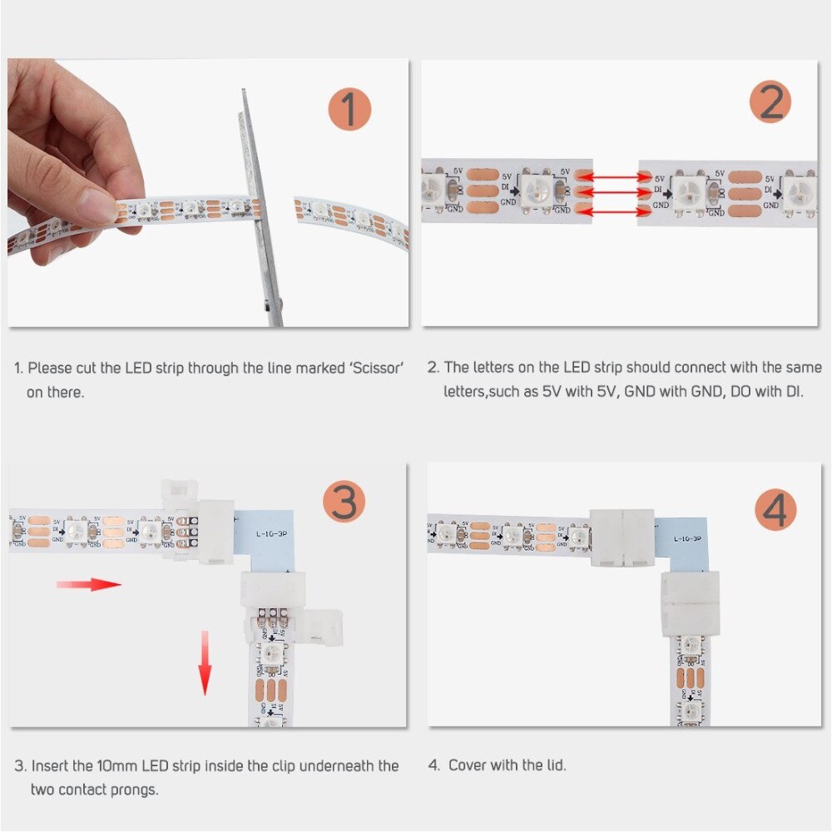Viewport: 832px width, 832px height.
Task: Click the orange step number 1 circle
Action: tap(349, 108)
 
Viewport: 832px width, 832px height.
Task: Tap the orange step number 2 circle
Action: tap(770, 103)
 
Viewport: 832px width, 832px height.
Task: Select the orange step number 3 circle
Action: tap(344, 503)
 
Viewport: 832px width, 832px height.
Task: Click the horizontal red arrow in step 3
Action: tap(89, 584)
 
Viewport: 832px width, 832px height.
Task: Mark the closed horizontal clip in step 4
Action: tap(622, 538)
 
